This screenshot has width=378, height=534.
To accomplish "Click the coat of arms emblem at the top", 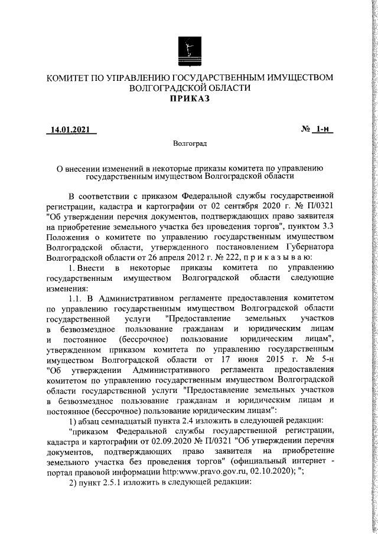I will [188, 51].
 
